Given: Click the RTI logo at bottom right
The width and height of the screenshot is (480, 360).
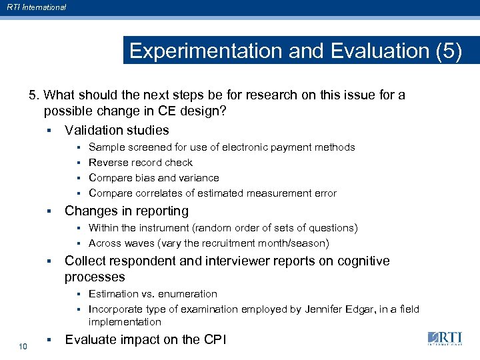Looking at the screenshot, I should click(x=445, y=339).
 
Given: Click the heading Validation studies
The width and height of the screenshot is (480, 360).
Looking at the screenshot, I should click(x=117, y=130).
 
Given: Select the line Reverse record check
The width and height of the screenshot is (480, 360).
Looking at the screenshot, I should click(x=140, y=163).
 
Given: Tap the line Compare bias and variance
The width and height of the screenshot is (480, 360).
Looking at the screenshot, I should click(x=153, y=178).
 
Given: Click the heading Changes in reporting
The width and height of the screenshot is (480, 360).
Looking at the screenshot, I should click(x=126, y=211).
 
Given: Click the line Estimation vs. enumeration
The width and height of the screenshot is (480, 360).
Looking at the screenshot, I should click(x=153, y=294).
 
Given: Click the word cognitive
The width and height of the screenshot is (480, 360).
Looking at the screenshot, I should click(x=363, y=261).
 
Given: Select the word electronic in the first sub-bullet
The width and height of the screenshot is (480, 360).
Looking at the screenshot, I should click(x=244, y=147).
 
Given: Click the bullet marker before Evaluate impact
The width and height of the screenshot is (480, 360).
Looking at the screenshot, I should click(x=49, y=340).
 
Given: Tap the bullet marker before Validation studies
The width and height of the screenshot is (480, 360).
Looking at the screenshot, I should click(x=49, y=131).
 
